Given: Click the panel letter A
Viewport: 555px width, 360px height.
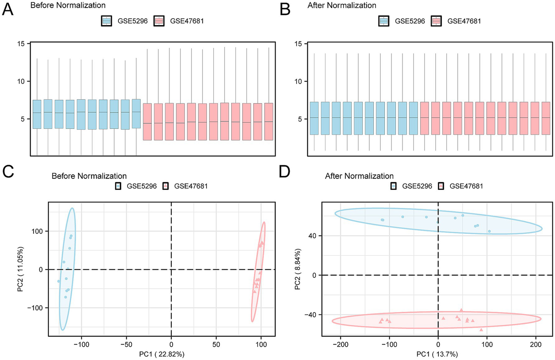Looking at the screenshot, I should (8, 9).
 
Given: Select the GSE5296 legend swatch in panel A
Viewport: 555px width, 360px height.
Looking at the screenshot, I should (107, 21).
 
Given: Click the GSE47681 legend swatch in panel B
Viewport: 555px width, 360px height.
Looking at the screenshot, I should (437, 21).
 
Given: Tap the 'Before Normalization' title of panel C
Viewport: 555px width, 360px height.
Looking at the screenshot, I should (89, 176).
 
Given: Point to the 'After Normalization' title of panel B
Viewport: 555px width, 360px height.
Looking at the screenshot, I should (342, 5).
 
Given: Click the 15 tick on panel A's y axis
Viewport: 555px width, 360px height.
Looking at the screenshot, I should (21, 44).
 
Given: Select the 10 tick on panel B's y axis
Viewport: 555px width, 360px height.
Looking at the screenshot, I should (298, 81).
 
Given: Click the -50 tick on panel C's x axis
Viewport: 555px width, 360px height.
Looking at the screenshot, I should (126, 344).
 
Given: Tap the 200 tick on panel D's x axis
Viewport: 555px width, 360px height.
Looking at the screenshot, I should (535, 344).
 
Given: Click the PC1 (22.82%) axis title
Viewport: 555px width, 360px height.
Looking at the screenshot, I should (162, 354).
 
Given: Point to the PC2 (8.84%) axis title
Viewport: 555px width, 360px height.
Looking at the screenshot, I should (298, 269).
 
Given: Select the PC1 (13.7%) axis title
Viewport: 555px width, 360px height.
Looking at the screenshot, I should (437, 354).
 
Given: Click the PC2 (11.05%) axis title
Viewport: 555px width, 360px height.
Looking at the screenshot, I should (21, 269).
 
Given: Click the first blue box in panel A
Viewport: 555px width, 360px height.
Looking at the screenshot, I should (37, 114).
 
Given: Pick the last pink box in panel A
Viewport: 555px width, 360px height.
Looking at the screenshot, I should (269, 122).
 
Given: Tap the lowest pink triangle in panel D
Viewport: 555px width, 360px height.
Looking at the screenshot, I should (481, 330).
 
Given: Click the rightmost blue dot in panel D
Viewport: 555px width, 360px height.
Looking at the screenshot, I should (489, 231).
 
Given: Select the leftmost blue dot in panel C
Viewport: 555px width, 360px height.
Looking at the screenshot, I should (59, 281).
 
